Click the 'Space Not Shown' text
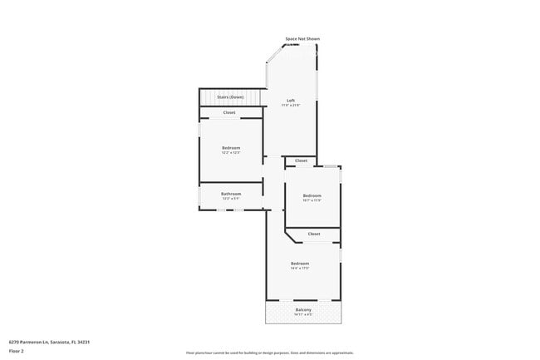point(302,39)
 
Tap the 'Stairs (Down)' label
point(231,97)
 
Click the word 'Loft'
point(290,101)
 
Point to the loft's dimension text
point(290,106)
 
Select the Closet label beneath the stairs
point(228,112)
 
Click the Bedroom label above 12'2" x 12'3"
point(231,148)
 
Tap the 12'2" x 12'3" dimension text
point(231,153)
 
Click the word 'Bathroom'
point(231,194)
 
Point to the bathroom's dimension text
point(231,199)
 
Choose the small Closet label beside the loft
point(301,160)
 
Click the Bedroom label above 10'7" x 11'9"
point(312,195)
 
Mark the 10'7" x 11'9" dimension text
point(312,200)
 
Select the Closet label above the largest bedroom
point(314,234)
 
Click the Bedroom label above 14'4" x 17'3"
point(300,264)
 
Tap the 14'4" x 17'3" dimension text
point(300,269)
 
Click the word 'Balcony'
point(303,310)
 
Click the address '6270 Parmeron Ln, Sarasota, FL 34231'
point(49,342)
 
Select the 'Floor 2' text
point(17,351)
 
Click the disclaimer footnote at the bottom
point(269,353)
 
